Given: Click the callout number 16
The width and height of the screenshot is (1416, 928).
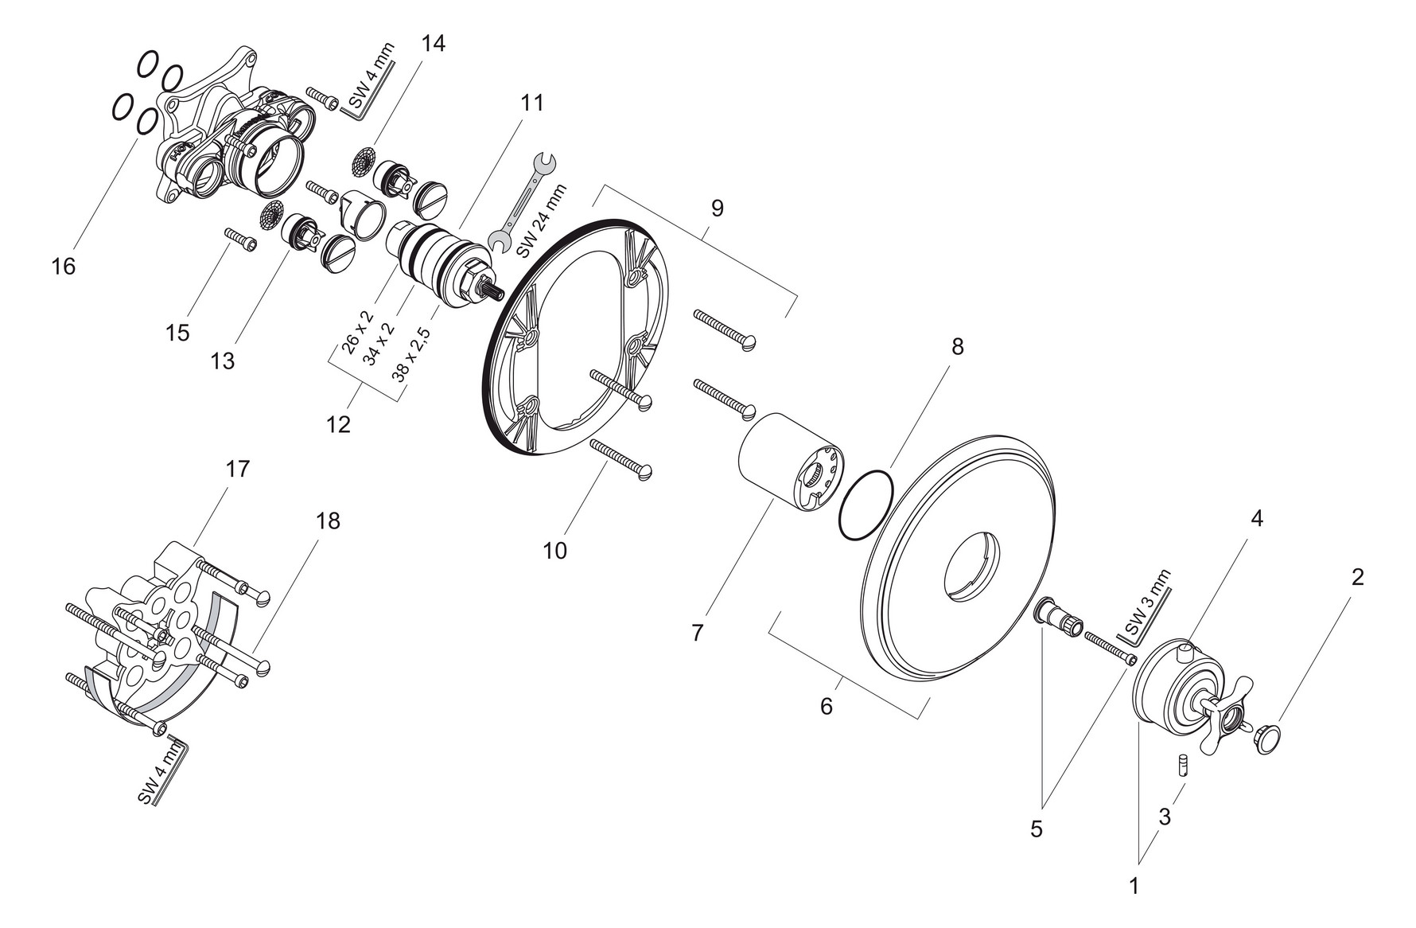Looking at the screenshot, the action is point(63,266).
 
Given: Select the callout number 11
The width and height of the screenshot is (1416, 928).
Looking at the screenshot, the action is point(532,103).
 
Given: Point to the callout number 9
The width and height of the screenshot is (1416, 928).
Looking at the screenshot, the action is point(718,209).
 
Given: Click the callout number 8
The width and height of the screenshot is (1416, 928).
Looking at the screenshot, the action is point(957,346).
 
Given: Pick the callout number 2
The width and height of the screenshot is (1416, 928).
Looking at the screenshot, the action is point(1358,577).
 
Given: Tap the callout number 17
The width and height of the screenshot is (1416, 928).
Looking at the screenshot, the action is point(237,469).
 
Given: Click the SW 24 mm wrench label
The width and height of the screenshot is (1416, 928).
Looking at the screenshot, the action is point(543,220).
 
